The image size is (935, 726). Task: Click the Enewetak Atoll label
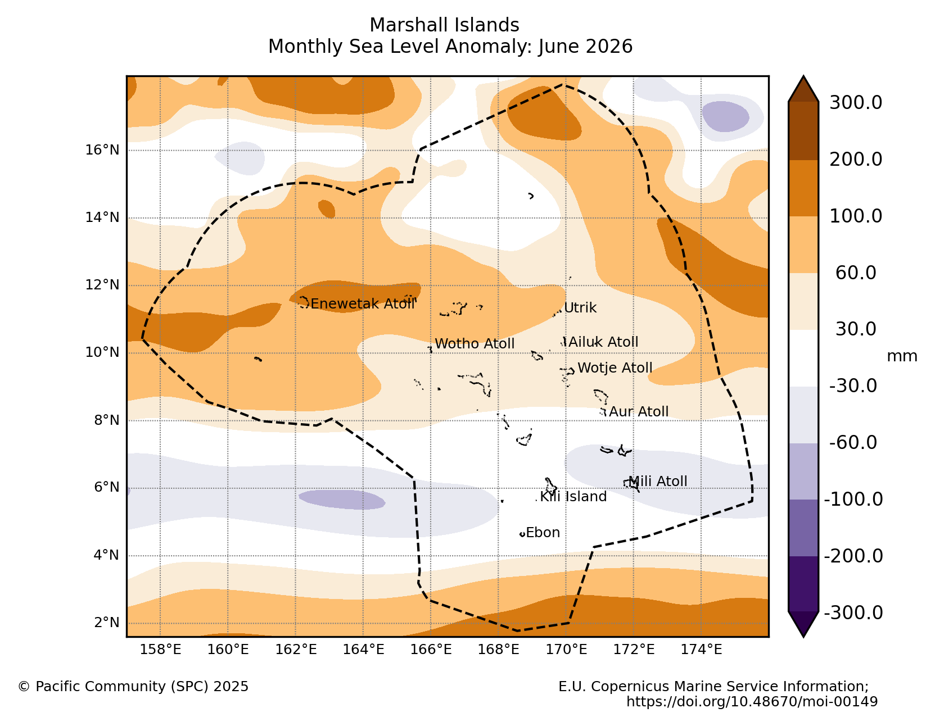[362, 303]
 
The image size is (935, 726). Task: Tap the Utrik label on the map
[580, 307]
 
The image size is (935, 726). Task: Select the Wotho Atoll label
[474, 343]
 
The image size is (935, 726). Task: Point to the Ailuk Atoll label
[603, 342]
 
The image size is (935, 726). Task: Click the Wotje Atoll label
[615, 367]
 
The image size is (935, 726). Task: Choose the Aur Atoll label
[638, 411]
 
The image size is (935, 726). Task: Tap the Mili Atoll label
[657, 481]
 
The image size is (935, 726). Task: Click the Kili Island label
[573, 497]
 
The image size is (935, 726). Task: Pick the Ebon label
[543, 532]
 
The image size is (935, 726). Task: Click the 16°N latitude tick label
[102, 150]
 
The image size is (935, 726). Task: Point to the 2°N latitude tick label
[107, 622]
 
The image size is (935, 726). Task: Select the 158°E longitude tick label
[160, 649]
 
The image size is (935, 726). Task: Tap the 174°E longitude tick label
[701, 649]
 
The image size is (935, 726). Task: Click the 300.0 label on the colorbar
[855, 103]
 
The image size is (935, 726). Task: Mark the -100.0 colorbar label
[853, 499]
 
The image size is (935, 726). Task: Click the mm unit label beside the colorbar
[902, 356]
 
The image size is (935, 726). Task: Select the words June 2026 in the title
[585, 47]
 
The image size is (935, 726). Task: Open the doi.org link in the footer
[752, 701]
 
